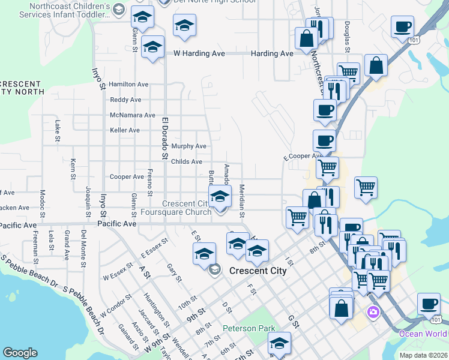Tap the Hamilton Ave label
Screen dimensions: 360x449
click(128, 85)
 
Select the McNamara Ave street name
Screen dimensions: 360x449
click(133, 115)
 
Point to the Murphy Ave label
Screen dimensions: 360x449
click(188, 146)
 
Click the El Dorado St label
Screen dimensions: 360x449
click(163, 138)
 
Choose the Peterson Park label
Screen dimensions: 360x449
click(249, 328)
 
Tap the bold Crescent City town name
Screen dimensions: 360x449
click(258, 271)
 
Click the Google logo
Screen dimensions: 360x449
click(20, 353)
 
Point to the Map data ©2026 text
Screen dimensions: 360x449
click(423, 354)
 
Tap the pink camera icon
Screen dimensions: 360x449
click(373, 312)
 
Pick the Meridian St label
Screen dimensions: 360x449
click(243, 201)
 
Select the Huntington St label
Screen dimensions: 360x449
click(152, 307)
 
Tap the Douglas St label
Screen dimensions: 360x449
click(347, 35)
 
